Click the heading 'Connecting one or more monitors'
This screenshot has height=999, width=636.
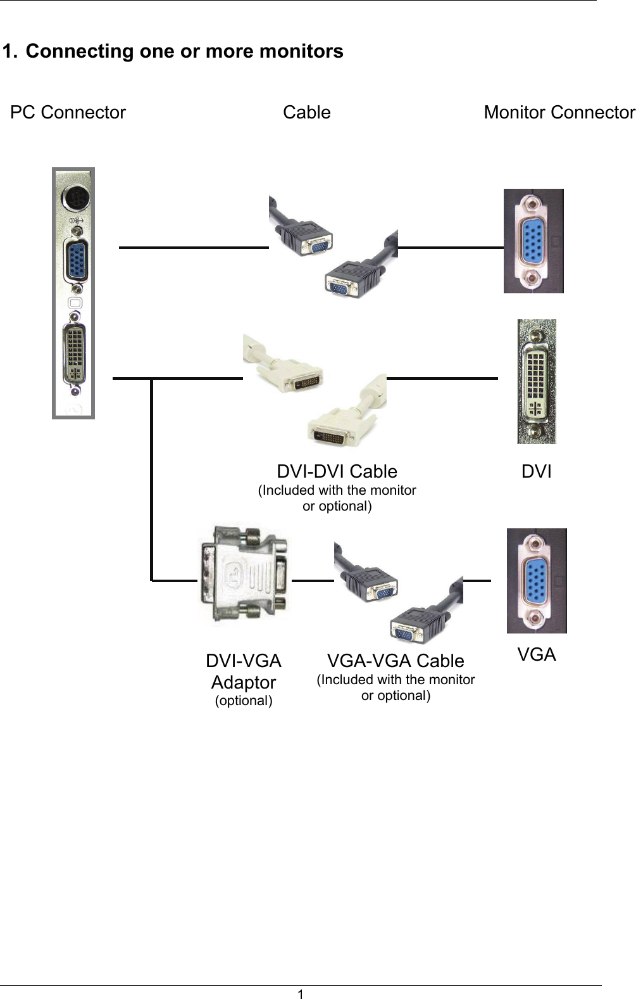click(184, 51)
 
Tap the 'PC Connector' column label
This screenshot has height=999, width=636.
click(68, 113)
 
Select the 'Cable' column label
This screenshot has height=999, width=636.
click(306, 113)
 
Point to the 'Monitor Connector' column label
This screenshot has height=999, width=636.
click(559, 113)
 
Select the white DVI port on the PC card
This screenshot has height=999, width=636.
click(75, 354)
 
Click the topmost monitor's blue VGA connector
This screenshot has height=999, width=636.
click(533, 241)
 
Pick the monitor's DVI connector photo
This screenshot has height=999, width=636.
click(536, 382)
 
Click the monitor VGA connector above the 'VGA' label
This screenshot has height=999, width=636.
click(536, 581)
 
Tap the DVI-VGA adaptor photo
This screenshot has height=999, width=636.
click(244, 575)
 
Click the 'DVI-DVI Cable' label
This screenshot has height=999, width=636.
click(337, 472)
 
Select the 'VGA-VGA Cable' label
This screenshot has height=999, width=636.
click(396, 661)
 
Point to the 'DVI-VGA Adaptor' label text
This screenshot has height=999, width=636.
click(244, 671)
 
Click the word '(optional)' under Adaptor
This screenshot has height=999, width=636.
click(244, 701)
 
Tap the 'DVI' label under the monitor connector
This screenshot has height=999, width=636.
click(536, 472)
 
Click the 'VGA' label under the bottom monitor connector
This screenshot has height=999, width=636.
click(536, 655)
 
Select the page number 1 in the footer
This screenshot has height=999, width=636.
click(301, 994)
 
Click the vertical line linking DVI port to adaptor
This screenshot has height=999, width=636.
click(152, 478)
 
